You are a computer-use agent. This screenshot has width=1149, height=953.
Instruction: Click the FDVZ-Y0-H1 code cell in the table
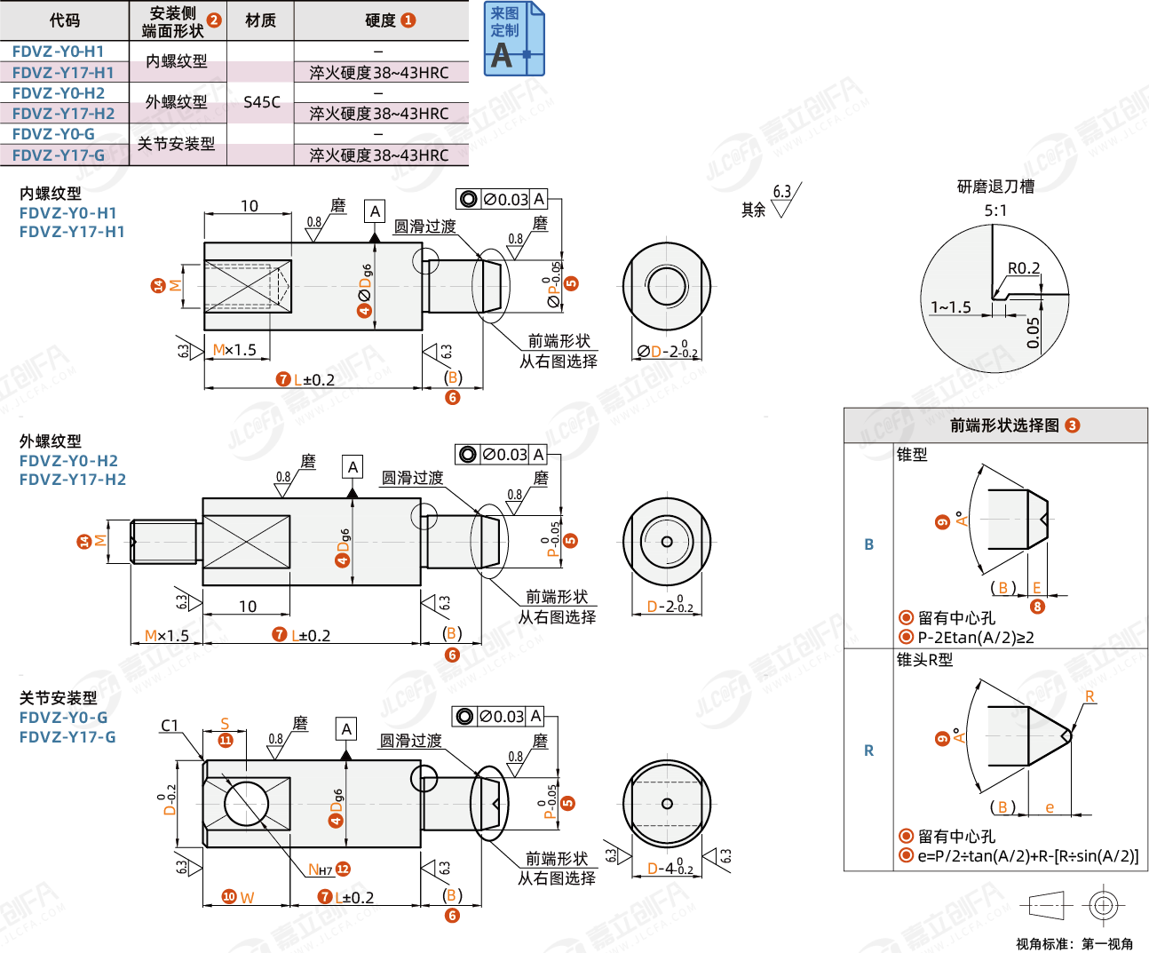click(59, 52)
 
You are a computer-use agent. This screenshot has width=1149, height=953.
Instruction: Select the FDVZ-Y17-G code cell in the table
click(59, 155)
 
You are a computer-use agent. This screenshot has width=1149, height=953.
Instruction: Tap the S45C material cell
click(261, 102)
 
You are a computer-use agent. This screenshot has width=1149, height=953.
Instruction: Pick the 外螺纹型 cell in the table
click(177, 102)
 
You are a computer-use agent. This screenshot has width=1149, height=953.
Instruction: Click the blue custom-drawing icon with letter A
click(514, 39)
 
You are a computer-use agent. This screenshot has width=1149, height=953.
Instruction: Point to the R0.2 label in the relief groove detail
click(1024, 268)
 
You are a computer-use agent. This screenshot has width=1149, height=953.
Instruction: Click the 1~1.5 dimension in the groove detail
click(950, 307)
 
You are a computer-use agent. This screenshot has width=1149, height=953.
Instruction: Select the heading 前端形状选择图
click(1004, 425)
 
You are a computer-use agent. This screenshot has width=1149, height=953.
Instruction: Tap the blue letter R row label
click(868, 750)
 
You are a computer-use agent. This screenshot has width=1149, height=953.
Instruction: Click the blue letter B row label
click(868, 544)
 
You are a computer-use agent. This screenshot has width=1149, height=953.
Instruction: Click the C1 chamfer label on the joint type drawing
click(170, 726)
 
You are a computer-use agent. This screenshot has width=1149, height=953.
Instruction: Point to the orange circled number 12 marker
click(343, 870)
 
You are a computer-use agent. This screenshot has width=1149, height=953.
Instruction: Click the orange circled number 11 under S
click(226, 741)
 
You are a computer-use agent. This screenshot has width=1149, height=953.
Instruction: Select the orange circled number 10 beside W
click(229, 897)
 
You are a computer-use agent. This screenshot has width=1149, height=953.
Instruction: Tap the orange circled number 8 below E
click(1037, 607)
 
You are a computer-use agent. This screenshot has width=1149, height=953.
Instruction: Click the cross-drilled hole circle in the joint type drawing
click(246, 804)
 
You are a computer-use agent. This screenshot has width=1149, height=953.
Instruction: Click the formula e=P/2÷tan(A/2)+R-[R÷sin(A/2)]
click(1028, 856)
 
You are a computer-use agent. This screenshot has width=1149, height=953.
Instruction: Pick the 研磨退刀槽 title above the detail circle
click(995, 187)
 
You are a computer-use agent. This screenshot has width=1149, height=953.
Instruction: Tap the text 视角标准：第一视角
click(1074, 943)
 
